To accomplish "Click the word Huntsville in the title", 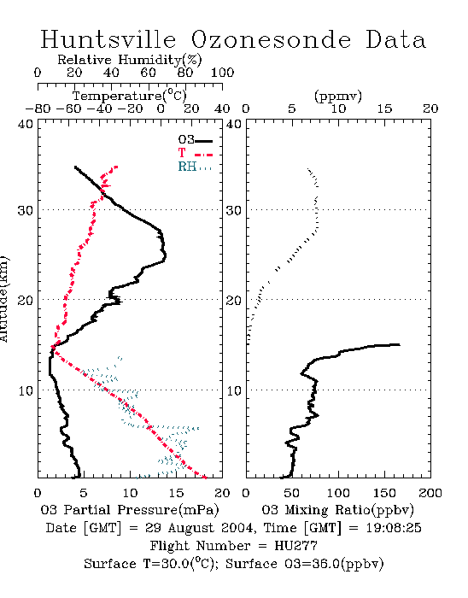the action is click(x=108, y=39).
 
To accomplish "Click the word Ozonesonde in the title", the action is click(x=271, y=39).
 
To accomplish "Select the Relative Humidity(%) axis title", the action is click(x=130, y=60).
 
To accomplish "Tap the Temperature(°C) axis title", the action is click(x=130, y=96).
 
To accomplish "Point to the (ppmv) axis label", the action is click(x=338, y=96).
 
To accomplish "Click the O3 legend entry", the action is click(x=195, y=140).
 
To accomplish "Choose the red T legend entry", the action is click(x=195, y=153).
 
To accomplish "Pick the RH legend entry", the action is click(x=195, y=167).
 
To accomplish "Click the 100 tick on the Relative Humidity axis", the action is click(x=223, y=73).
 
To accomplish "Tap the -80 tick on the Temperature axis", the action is click(x=38, y=108).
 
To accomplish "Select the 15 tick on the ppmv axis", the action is click(x=384, y=108).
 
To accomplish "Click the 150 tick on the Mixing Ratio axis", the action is click(x=384, y=493).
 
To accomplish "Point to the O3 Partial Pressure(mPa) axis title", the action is click(x=130, y=510).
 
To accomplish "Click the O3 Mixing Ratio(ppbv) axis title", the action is click(x=338, y=510).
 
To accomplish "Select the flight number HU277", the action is click(x=296, y=546).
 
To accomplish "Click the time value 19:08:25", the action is click(x=394, y=528).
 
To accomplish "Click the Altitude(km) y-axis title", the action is click(x=3, y=299).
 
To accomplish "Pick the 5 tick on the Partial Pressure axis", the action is click(x=84, y=493).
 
